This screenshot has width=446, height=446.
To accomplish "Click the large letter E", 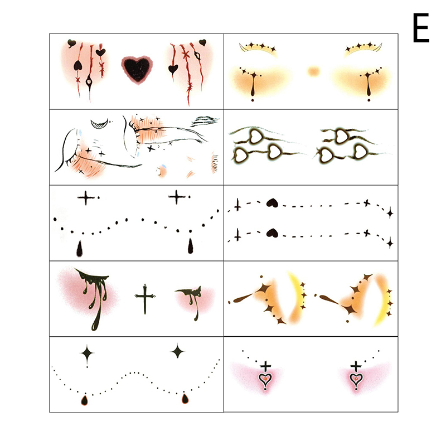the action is tap(421, 28).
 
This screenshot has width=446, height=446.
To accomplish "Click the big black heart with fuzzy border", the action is tap(137, 70).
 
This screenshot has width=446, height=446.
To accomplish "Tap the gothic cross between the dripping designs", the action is tap(145, 299).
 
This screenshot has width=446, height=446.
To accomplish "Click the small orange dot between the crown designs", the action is tap(313, 71).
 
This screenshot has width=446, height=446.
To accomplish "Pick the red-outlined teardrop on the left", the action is tap(85, 400).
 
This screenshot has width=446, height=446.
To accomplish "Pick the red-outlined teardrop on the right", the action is tap(185, 398).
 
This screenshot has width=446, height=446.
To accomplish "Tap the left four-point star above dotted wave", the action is tap(87, 354).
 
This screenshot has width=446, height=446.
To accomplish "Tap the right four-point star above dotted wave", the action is tap(178, 351).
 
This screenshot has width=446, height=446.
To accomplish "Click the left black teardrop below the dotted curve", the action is tap(80, 249).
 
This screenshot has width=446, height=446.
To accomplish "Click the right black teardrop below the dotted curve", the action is tap(191, 246).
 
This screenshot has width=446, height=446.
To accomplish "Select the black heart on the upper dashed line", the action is tap(272, 203).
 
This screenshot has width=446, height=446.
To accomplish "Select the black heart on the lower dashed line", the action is tap(272, 233).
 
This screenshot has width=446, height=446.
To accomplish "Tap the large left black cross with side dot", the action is tap(86, 198).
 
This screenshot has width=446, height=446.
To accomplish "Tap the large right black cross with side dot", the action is tap(176, 197).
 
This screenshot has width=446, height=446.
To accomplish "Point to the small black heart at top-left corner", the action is tap(72, 43).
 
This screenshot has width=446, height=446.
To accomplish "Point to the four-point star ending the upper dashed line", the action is tap(390, 214).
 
